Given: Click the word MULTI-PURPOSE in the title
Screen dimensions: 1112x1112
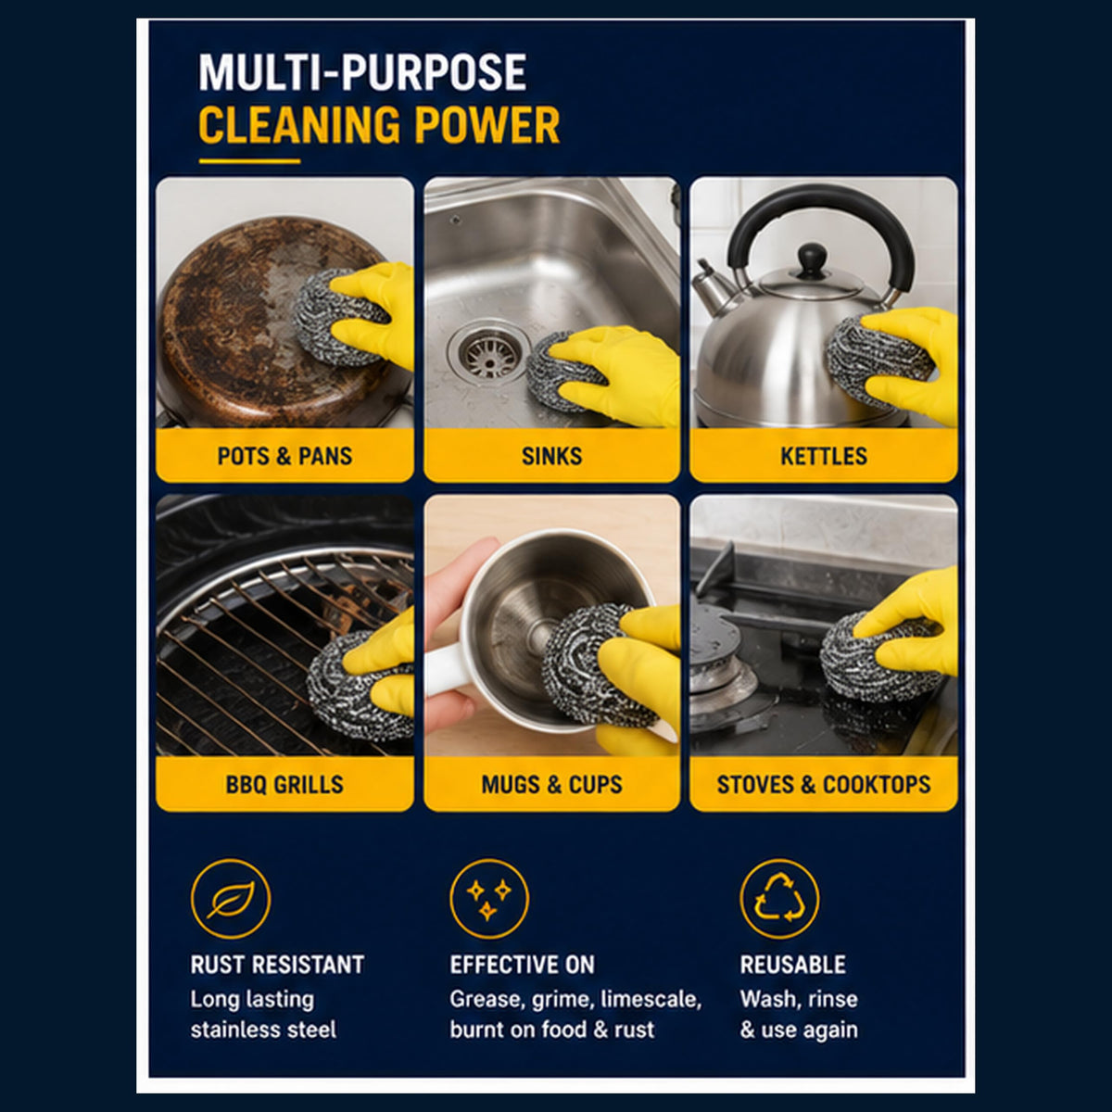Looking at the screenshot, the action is pyautogui.click(x=362, y=72).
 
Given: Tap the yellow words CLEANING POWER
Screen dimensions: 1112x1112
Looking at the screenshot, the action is pyautogui.click(x=379, y=125).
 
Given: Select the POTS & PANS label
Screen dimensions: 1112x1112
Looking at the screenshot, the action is pyautogui.click(x=284, y=456).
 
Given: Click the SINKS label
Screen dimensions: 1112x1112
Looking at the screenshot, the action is pyautogui.click(x=551, y=456).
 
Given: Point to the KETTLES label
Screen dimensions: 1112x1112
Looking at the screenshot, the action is pyautogui.click(x=824, y=456).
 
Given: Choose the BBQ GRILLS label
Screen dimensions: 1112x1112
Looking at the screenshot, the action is pyautogui.click(x=284, y=784).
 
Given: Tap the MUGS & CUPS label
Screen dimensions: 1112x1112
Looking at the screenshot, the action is pyautogui.click(x=551, y=784).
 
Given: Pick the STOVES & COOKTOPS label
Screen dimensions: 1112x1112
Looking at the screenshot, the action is pyautogui.click(x=824, y=784).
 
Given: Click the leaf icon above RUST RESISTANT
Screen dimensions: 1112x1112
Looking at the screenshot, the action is pyautogui.click(x=231, y=899).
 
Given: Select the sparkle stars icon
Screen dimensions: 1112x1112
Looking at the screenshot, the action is pyautogui.click(x=488, y=899).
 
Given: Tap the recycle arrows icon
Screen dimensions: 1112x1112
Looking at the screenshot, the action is pyautogui.click(x=779, y=899).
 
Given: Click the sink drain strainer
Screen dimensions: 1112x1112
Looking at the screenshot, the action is pyautogui.click(x=488, y=352).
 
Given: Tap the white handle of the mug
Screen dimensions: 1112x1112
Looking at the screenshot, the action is pyautogui.click(x=445, y=669).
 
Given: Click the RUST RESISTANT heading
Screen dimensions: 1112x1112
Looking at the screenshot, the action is pyautogui.click(x=278, y=965).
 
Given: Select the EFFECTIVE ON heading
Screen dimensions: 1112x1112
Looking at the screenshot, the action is pyautogui.click(x=523, y=965).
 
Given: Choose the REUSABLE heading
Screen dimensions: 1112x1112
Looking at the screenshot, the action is pyautogui.click(x=793, y=965).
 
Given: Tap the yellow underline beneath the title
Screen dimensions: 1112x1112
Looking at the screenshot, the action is pyautogui.click(x=250, y=161).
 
